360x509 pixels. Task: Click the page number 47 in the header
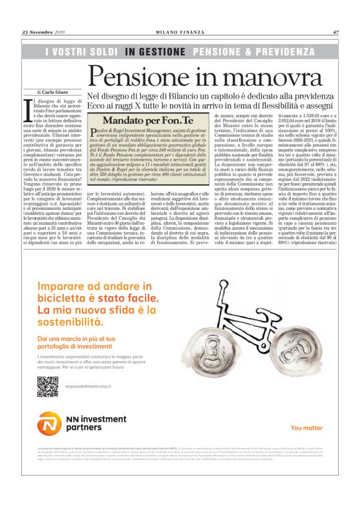(335, 32)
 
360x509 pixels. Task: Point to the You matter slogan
(306, 428)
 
